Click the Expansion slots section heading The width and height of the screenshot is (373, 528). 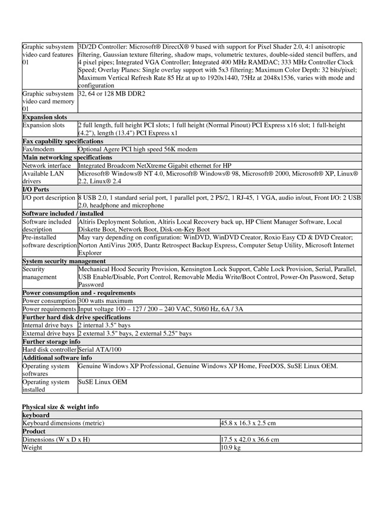click(44, 117)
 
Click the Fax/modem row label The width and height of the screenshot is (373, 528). click(37, 150)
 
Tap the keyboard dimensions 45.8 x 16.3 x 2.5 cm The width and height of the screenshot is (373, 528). click(247, 423)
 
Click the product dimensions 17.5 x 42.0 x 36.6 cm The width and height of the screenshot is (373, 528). click(249, 440)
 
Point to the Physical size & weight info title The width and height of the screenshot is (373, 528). click(60, 406)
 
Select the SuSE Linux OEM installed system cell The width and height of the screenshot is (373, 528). click(103, 382)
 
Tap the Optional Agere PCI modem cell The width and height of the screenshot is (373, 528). click(138, 150)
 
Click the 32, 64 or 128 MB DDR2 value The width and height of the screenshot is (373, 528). click(111, 94)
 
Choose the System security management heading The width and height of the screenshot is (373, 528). click(64, 260)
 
